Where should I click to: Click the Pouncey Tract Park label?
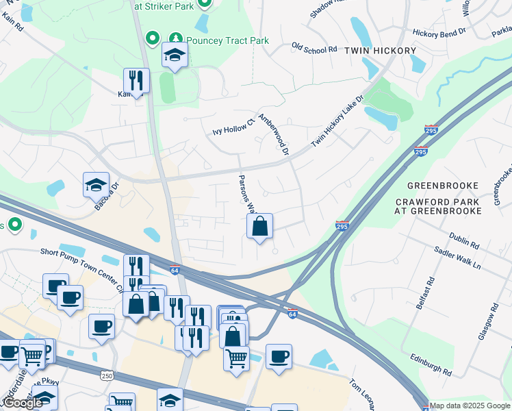click(228, 40)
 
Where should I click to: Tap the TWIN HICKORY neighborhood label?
click(380, 51)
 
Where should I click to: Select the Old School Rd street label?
click(314, 49)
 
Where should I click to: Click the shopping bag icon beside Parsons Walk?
click(260, 226)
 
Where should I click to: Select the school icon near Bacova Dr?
click(96, 184)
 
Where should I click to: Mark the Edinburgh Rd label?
click(430, 367)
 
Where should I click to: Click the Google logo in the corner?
click(22, 403)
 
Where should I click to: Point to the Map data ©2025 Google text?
click(470, 406)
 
